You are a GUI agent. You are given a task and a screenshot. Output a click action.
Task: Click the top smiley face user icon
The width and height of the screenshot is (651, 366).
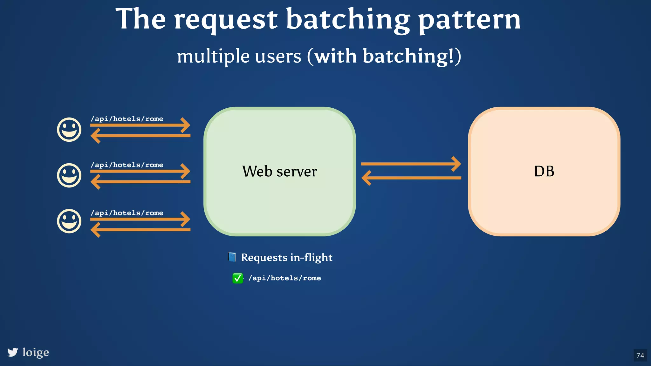69,130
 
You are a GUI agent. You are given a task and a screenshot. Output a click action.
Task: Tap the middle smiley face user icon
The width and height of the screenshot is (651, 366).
69,175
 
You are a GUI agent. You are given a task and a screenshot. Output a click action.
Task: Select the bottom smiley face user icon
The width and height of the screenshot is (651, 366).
69,221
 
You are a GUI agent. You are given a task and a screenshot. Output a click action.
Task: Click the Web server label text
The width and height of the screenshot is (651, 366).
279,172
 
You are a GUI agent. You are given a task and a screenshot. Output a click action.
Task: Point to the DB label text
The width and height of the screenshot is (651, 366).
544,172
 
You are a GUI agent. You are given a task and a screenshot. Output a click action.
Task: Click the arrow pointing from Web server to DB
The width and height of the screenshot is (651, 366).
411,164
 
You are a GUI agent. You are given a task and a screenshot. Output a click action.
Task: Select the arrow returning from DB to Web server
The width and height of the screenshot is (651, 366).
411,178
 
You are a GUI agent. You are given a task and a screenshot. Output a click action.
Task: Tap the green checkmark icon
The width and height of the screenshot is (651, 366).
237,278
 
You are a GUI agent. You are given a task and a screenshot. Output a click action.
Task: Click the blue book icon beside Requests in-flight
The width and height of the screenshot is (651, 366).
232,257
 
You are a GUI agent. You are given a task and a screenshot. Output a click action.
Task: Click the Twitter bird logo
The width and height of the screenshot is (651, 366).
13,352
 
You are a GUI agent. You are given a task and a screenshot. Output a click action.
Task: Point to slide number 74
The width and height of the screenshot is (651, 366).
640,355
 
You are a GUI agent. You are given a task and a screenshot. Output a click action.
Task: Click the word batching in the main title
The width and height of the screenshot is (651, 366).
348,20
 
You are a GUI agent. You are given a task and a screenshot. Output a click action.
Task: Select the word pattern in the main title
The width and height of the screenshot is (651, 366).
469,20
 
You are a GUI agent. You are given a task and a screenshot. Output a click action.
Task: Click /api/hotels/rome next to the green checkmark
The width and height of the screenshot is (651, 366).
284,278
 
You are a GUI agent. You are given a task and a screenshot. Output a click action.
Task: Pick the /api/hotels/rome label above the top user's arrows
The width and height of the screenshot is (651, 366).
127,119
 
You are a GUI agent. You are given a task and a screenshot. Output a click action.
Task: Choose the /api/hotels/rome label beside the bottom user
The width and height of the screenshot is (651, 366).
127,213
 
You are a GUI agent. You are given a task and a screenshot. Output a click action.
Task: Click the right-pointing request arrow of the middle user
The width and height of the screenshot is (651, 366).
140,171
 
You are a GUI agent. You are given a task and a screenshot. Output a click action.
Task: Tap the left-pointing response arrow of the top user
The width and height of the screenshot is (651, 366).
140,136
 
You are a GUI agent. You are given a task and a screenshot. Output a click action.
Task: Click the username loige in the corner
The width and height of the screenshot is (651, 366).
36,352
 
